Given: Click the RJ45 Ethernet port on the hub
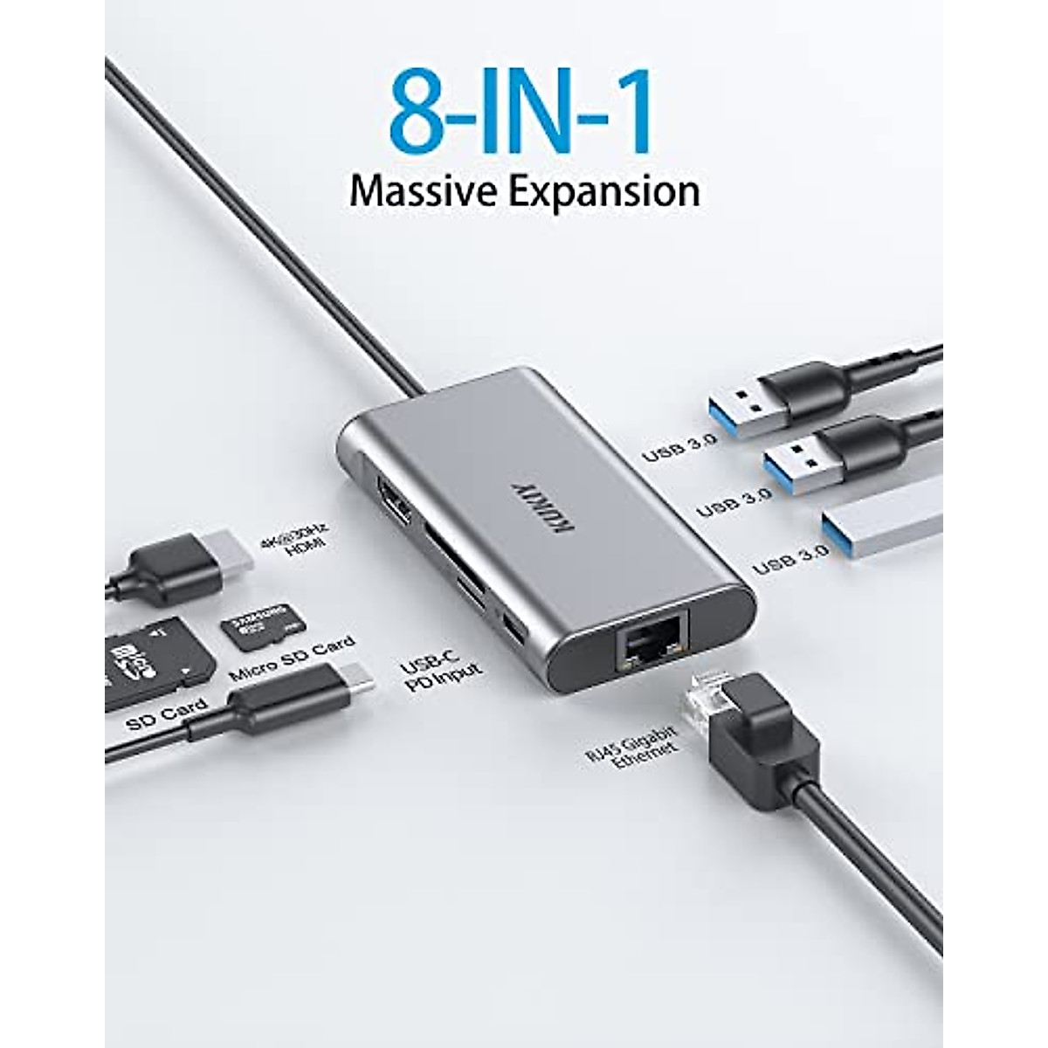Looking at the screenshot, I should click(652, 645).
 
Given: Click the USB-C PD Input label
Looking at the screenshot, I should click(440, 676).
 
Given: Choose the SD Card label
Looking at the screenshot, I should click(166, 715).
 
